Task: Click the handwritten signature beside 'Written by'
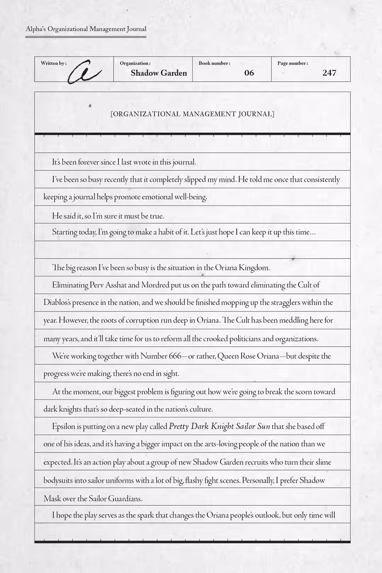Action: tap(84, 72)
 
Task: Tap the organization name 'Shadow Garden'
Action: tap(159, 73)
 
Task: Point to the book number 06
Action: tap(249, 73)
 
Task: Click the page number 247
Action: tap(329, 73)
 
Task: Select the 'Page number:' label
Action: tap(293, 63)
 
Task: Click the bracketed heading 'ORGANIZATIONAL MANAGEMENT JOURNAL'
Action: tap(192, 114)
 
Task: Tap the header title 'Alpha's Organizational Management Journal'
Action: tap(86, 29)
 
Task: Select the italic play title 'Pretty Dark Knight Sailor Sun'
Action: tap(219, 427)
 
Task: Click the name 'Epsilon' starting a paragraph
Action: tap(64, 427)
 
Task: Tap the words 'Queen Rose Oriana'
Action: tap(248, 356)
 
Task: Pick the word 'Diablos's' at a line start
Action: tap(57, 303)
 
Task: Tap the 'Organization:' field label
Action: tap(135, 63)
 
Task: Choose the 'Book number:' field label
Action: tap(214, 63)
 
